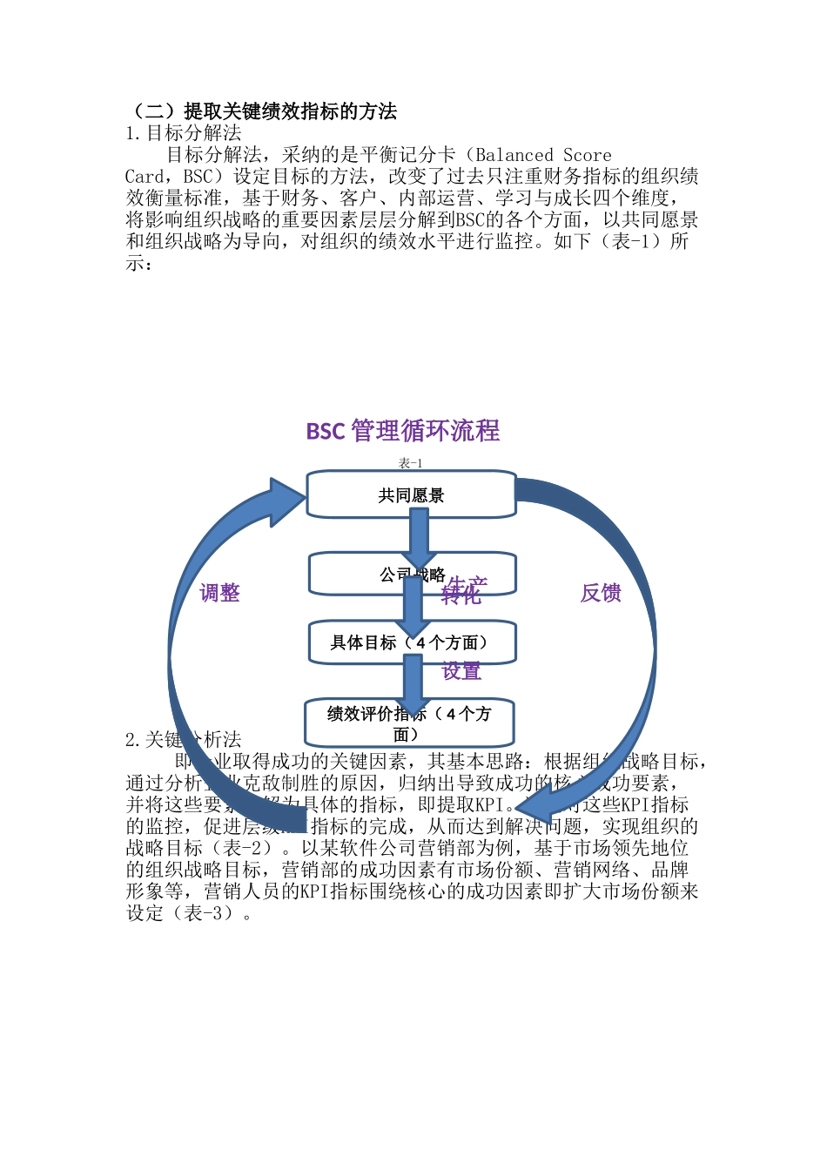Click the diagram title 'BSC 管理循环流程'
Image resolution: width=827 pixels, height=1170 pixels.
click(x=403, y=431)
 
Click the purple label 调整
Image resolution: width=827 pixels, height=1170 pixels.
click(x=219, y=593)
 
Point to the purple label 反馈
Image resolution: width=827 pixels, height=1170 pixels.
click(x=601, y=593)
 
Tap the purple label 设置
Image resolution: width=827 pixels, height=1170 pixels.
click(x=461, y=671)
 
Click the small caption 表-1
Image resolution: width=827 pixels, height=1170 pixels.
click(x=410, y=463)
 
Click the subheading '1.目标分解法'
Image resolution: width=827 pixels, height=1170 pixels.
click(x=184, y=133)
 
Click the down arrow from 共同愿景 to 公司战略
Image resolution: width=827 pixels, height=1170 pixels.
click(x=419, y=535)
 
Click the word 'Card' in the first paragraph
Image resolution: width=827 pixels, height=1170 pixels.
click(x=144, y=177)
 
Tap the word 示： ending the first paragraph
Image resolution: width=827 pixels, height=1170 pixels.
click(x=139, y=264)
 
